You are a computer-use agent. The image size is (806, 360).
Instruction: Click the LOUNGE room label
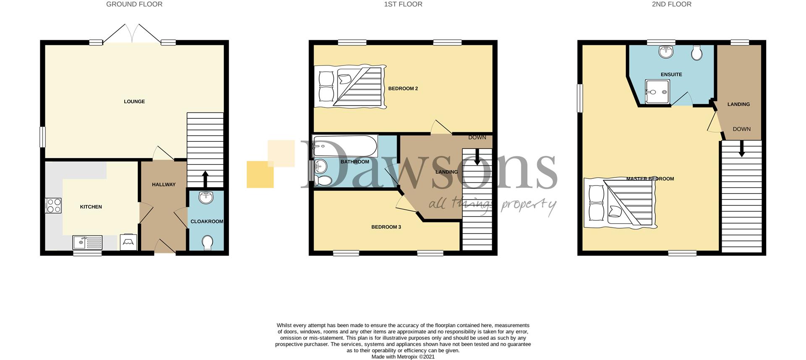134,102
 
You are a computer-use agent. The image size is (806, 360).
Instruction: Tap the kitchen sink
87,243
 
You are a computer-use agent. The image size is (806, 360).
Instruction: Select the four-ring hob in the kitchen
53,205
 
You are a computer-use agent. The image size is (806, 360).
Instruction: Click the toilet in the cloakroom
207,242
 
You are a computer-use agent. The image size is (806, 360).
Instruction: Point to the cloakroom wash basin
206,197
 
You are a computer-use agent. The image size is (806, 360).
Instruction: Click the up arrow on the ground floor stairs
205,178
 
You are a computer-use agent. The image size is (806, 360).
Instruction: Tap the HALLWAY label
164,185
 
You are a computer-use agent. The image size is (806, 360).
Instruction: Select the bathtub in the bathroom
345,146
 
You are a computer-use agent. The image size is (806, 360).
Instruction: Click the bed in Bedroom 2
350,88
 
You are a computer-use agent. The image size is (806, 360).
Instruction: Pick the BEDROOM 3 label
386,227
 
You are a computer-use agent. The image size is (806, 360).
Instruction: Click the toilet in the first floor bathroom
323,181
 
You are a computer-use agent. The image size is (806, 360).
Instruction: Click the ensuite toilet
696,53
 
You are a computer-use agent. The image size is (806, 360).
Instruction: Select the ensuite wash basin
666,52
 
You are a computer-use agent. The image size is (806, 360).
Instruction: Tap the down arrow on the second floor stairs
741,149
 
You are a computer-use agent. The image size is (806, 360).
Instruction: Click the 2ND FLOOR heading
672,4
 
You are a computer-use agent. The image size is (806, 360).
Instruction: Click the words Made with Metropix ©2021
403,357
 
